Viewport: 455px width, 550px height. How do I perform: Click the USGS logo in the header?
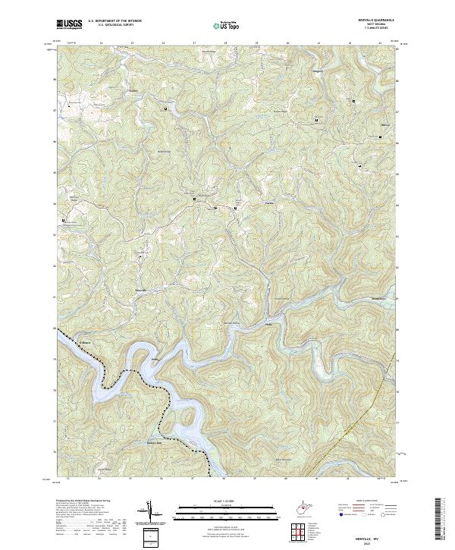69,24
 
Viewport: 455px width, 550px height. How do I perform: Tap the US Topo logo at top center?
227,24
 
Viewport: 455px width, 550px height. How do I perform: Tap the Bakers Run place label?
155,441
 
